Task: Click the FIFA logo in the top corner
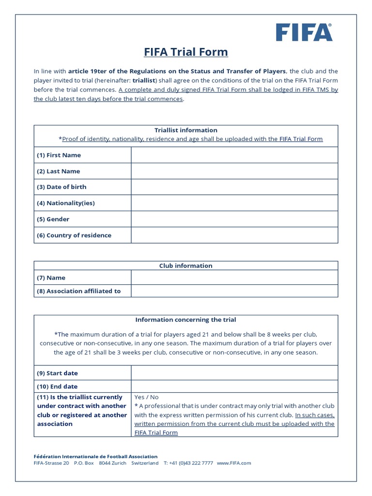[x=304, y=32]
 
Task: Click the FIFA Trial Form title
[x=186, y=52]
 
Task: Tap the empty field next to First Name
[x=234, y=155]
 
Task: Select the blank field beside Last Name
[x=234, y=171]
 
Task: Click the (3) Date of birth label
[x=62, y=187]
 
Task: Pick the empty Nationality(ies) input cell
[x=234, y=203]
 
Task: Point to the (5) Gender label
[x=53, y=219]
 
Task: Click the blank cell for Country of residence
[x=234, y=235]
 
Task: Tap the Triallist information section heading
[x=186, y=130]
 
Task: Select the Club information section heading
[x=186, y=265]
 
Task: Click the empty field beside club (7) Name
[x=234, y=278]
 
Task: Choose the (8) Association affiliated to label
[x=79, y=291]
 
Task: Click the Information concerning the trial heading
[x=186, y=320]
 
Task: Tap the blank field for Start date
[x=234, y=373]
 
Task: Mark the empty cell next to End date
[x=234, y=387]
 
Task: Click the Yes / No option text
[x=146, y=397]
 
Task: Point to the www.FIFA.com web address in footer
[x=234, y=463]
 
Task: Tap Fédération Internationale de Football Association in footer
[x=95, y=456]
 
